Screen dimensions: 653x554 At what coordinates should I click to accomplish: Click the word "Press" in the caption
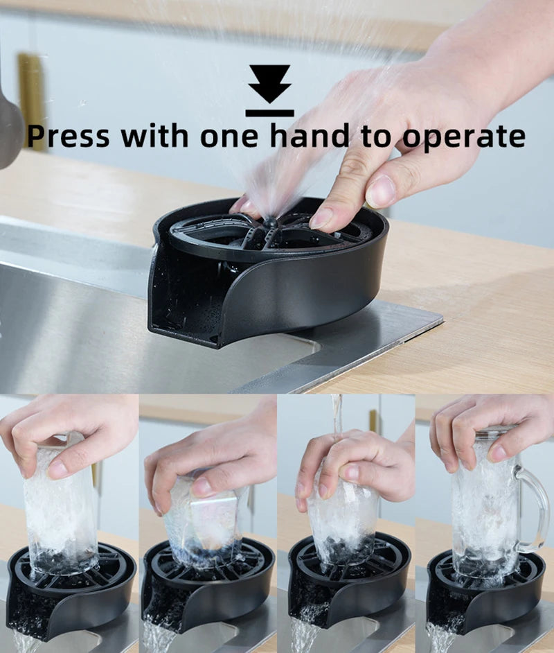(68, 137)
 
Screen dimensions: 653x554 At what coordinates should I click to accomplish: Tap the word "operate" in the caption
(463, 137)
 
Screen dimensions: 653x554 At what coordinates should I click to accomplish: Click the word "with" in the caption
(154, 135)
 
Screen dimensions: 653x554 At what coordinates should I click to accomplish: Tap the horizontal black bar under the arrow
(269, 112)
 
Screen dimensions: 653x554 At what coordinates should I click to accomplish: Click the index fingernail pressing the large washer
(321, 218)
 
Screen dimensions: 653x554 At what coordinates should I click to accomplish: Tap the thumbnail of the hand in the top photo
(380, 191)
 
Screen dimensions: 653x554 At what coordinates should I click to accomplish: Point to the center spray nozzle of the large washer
(270, 223)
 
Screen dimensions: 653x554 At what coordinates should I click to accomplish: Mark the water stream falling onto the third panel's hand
(337, 416)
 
